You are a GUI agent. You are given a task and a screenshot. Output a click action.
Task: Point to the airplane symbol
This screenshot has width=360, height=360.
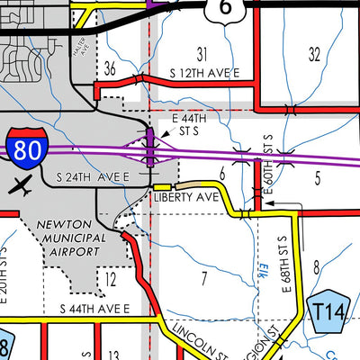(x=22, y=186)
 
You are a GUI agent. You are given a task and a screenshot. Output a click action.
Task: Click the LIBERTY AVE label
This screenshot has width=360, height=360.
(x=186, y=196)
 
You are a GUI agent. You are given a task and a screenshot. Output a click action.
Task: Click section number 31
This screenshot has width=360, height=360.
(x=202, y=54)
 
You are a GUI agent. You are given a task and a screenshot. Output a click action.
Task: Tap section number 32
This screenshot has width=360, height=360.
(x=314, y=54)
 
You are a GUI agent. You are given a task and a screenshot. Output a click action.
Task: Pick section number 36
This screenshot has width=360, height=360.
(x=110, y=68)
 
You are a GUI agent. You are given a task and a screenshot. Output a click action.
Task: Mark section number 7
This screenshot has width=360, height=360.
(x=204, y=276)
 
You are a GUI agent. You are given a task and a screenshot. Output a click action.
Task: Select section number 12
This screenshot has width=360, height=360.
(x=110, y=280)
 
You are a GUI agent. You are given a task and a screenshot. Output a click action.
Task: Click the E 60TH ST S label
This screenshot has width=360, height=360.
(x=267, y=159)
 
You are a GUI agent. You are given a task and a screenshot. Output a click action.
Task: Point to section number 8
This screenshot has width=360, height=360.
(x=316, y=265)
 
